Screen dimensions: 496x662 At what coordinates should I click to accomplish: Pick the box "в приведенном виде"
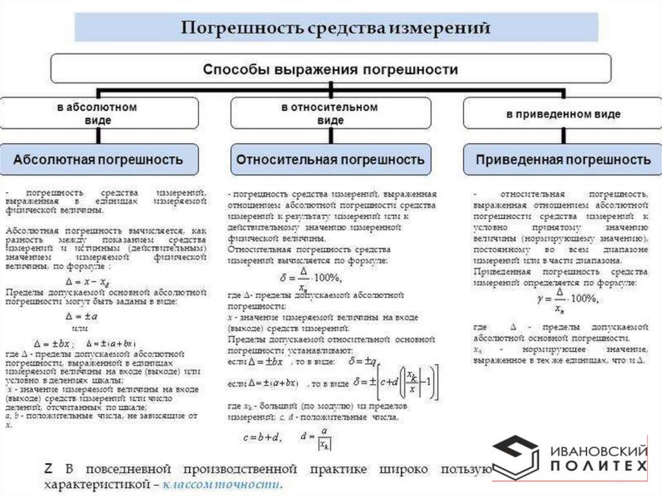562,114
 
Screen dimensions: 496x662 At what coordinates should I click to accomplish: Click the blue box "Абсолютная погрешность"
98,158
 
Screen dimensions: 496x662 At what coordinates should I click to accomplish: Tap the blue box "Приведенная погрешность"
562,158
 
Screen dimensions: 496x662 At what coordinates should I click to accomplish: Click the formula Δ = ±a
81,317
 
